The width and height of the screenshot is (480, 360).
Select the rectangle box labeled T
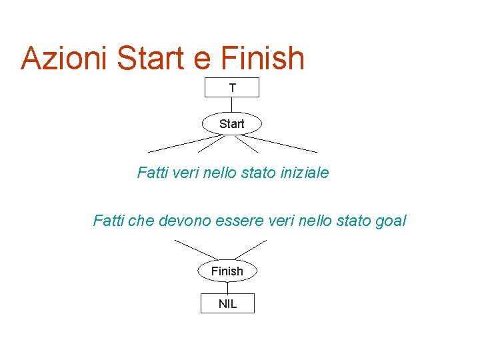pos(232,87)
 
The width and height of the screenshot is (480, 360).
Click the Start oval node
pos(232,124)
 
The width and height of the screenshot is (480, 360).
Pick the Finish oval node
pos(227,271)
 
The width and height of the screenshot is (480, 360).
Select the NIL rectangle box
pos(227,304)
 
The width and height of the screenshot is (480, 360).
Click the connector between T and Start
pos(232,105)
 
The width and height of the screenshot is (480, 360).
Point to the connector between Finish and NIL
pos(227,288)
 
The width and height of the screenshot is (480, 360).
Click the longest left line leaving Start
pos(180,144)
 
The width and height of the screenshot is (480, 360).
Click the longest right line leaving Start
pos(283,144)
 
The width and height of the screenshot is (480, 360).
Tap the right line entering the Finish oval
pos(251,249)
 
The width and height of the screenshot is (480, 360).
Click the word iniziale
pos(303,173)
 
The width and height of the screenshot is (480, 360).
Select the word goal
pos(391,221)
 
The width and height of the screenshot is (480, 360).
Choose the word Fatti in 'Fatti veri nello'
pos(153,173)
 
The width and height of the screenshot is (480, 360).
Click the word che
pos(141,221)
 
